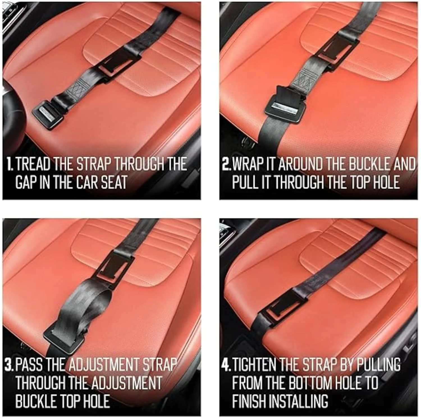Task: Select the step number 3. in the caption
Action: [9, 364]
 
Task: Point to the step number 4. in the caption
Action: [226, 364]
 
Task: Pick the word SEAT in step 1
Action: [114, 182]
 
